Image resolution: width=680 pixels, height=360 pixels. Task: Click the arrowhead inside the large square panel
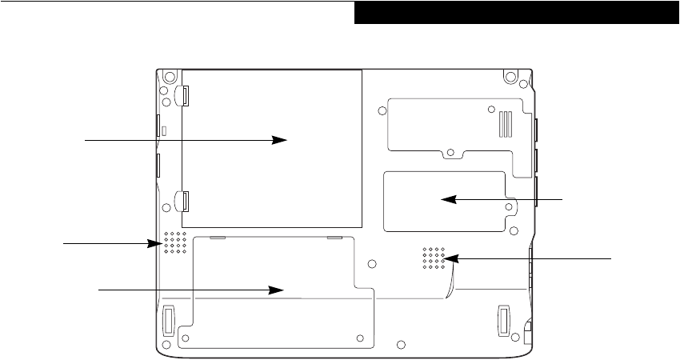click(280, 139)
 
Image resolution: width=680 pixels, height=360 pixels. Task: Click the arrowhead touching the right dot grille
click(450, 258)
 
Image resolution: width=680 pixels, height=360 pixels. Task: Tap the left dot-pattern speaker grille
click(175, 243)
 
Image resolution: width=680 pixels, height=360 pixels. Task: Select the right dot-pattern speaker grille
click(433, 258)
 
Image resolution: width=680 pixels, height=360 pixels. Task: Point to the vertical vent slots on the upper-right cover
click(504, 122)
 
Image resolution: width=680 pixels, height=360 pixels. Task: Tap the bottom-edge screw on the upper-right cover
click(450, 150)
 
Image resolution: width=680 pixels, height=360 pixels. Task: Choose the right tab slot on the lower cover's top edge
click(334, 238)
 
